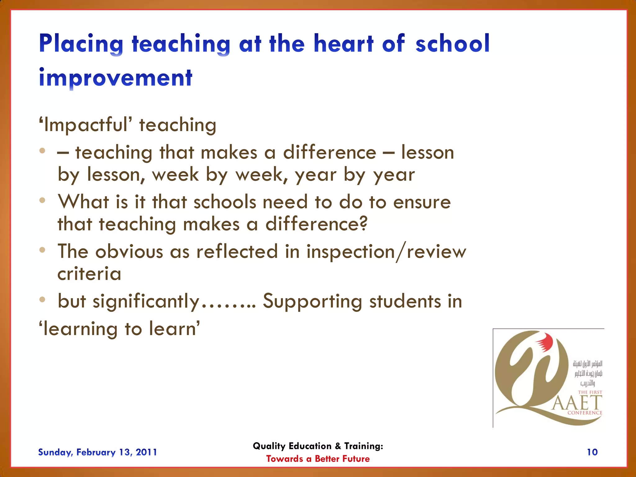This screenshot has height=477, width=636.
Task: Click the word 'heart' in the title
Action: tap(343, 43)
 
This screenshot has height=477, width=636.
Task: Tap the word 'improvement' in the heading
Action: tap(116, 78)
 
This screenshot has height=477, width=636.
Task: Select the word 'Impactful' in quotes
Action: tap(85, 125)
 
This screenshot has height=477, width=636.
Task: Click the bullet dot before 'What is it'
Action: tap(43, 200)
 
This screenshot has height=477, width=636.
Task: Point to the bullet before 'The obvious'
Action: tap(43, 250)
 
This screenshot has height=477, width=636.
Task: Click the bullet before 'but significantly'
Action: tap(43, 299)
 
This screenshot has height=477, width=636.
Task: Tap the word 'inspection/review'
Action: tap(386, 252)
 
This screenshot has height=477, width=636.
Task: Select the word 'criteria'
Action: tap(89, 274)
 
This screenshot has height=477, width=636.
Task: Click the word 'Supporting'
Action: tap(312, 301)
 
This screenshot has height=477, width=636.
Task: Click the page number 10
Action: tap(592, 452)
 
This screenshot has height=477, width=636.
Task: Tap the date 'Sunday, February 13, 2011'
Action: tap(98, 452)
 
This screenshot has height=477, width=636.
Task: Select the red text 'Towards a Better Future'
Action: tap(318, 459)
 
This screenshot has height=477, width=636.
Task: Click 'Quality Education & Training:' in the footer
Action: tap(318, 446)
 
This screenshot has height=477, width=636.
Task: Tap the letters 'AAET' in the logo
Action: tap(577, 403)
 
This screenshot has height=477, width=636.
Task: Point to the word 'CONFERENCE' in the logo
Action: tap(585, 413)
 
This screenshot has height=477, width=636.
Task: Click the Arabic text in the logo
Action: tap(588, 373)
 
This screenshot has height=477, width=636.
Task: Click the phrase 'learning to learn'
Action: tap(120, 329)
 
